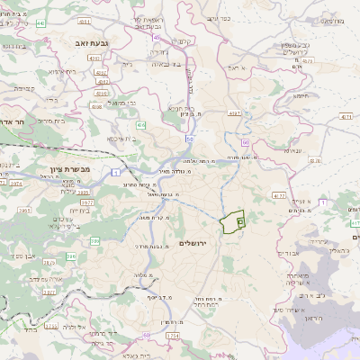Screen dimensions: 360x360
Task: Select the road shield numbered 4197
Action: tap(236, 113)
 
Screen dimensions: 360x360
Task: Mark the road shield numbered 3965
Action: tap(24, 210)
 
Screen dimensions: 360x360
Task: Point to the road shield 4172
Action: tap(279, 194)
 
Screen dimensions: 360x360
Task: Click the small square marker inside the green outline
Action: tap(239, 220)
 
